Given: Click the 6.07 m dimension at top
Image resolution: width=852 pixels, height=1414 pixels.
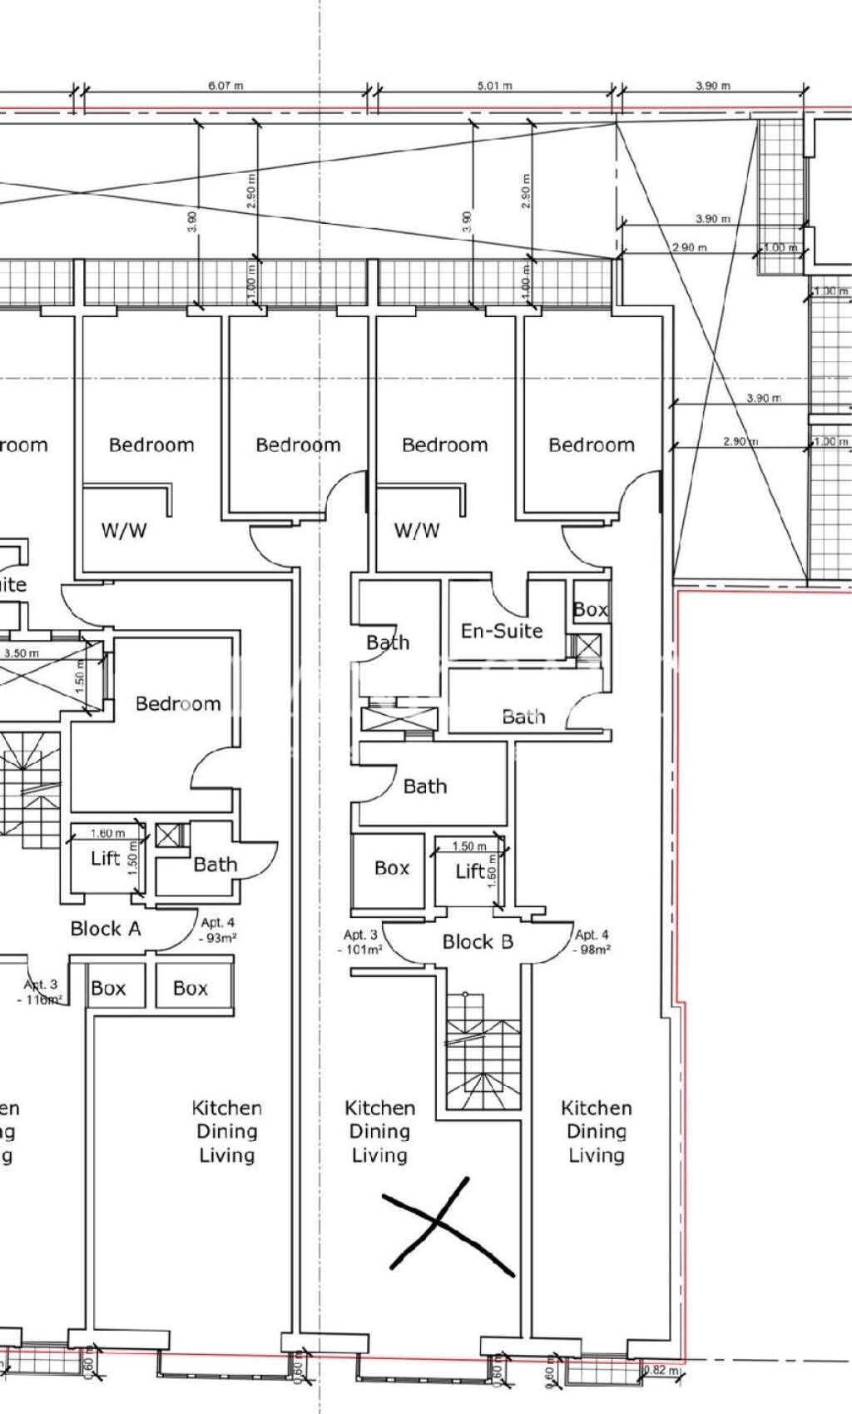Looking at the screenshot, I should coord(225,86).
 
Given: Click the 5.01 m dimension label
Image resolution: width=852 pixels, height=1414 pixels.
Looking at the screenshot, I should coord(494,86).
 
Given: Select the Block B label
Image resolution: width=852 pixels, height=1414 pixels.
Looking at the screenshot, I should coord(478,942).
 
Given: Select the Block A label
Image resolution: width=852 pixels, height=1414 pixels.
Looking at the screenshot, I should coord(106,929).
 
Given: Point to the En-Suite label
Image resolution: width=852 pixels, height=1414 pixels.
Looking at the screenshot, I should coord(502,631).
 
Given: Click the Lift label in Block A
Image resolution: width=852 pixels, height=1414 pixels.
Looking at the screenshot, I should coord(106,858).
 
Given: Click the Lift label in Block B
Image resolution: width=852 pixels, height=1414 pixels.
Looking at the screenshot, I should coord(470,871).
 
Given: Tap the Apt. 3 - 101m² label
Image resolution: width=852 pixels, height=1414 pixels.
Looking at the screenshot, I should coord(360,942).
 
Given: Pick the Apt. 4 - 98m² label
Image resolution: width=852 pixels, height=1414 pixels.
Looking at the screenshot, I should coord(592,942).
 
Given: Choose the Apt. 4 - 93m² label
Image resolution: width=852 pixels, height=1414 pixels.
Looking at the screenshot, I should coord(218,930).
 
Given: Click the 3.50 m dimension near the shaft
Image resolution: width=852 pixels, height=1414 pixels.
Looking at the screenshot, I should coord(21,653).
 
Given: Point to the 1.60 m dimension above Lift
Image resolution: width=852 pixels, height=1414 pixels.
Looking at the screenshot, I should coord(107,833).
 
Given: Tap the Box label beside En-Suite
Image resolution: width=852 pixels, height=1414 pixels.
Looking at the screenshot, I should coord(591,610).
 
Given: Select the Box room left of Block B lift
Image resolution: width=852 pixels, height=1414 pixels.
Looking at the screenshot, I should coord(392,869).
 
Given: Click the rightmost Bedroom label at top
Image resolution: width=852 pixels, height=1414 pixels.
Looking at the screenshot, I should coord(591,445).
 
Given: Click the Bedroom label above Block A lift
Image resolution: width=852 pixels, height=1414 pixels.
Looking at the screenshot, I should coord(178,704).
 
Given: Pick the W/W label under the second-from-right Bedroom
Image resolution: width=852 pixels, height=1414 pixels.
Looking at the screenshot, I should coord(417,530).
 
